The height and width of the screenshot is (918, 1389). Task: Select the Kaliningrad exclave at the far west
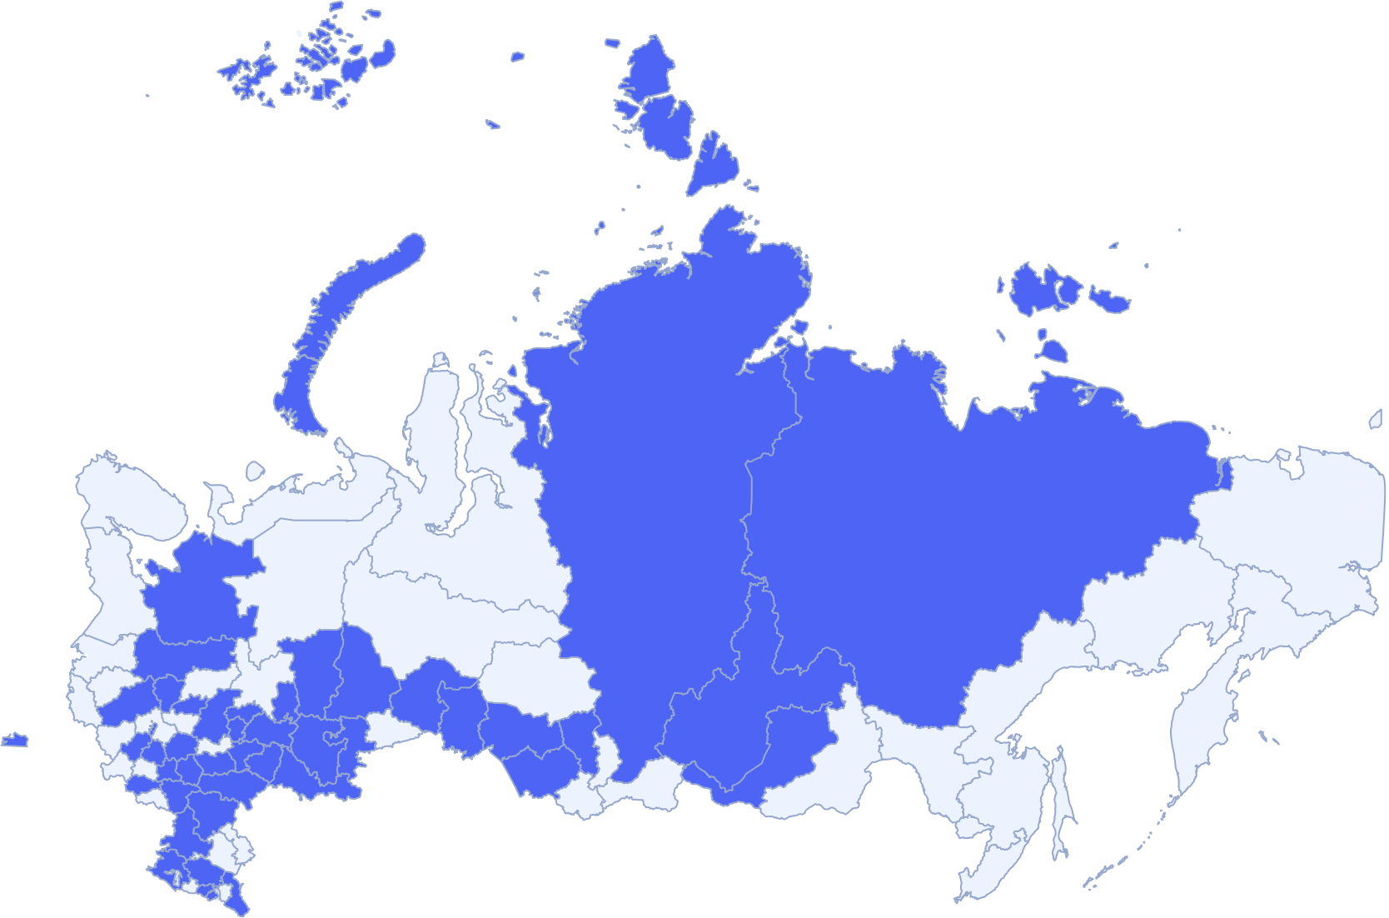(14, 740)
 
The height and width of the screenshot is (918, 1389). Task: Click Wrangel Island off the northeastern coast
(1375, 420)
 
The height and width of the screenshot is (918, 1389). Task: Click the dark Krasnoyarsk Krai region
(650, 500)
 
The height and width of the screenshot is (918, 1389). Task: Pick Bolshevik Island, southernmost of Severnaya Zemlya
(713, 162)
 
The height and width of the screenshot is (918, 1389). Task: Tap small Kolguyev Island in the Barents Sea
(254, 471)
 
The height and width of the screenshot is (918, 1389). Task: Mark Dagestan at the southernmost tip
(236, 898)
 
